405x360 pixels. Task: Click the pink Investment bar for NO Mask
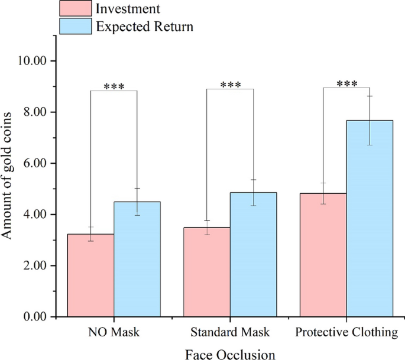click(90, 275)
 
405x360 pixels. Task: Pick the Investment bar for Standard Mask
click(207, 272)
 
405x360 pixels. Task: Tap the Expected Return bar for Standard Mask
click(253, 254)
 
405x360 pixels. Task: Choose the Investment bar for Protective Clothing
click(323, 255)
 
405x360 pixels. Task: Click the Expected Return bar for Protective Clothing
click(370, 219)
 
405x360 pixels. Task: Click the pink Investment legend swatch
click(76, 8)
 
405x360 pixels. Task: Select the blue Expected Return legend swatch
click(76, 26)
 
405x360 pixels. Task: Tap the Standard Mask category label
click(229, 332)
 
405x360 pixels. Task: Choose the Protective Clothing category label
click(346, 332)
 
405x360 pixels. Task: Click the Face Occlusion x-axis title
click(229, 353)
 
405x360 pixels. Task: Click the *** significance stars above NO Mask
click(114, 86)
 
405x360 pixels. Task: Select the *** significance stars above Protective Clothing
click(346, 83)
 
